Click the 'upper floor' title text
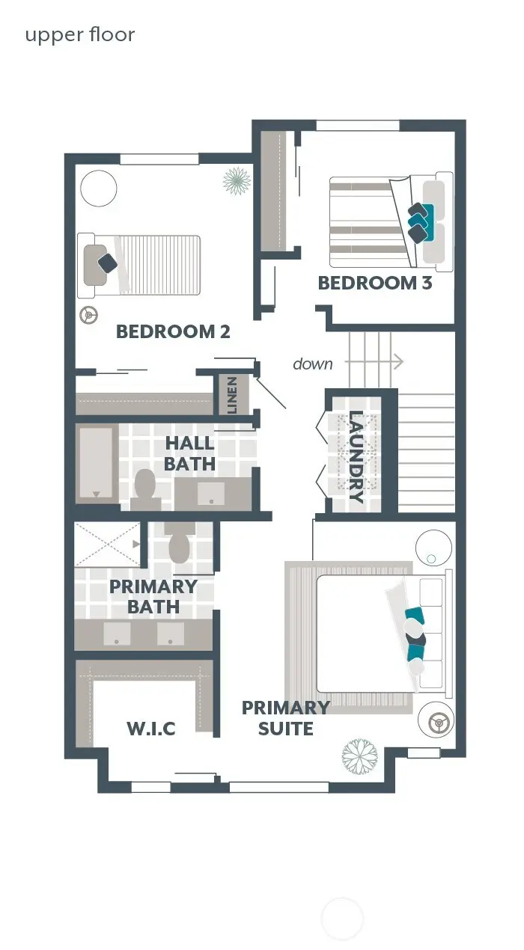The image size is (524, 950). (80, 35)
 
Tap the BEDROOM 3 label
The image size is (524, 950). (375, 283)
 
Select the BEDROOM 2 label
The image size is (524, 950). (173, 331)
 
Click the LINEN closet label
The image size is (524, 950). (232, 395)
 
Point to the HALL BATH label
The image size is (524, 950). (190, 454)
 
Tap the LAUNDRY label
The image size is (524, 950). (356, 457)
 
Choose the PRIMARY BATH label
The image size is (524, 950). (153, 596)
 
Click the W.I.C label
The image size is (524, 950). (150, 727)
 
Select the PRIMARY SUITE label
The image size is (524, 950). (285, 717)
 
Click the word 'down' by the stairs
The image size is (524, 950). (313, 364)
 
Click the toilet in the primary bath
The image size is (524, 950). (180, 545)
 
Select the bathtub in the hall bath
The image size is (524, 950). (96, 463)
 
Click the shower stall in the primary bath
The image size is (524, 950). (108, 545)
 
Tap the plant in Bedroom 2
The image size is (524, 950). (237, 180)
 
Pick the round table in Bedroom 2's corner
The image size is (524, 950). (99, 188)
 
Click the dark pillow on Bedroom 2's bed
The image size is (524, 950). (108, 263)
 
